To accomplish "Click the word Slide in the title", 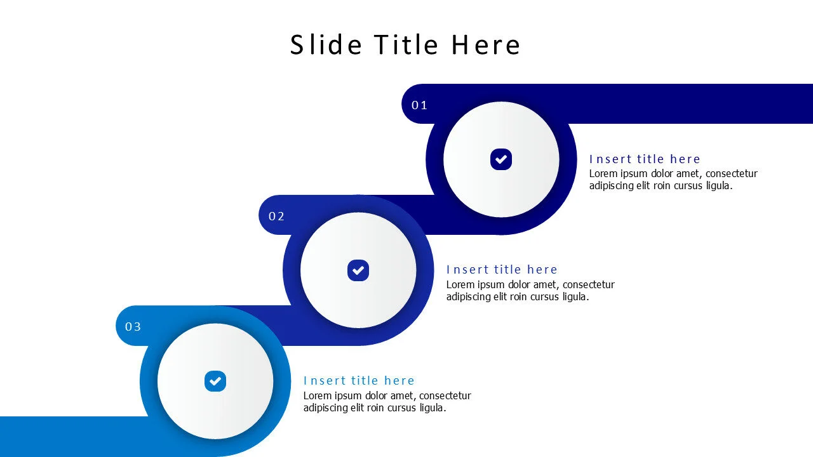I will pyautogui.click(x=326, y=45).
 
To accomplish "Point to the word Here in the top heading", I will pyautogui.click(x=486, y=45).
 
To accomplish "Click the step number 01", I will pyautogui.click(x=419, y=105).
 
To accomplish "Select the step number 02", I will pyautogui.click(x=276, y=216).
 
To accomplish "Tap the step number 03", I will pyautogui.click(x=133, y=327).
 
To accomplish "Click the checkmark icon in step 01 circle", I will pyautogui.click(x=501, y=159).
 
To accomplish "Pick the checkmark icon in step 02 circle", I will pyautogui.click(x=358, y=270).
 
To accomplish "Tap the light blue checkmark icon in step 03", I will pyautogui.click(x=215, y=381).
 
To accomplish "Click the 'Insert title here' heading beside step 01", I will pyautogui.click(x=645, y=159).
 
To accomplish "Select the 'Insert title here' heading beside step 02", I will pyautogui.click(x=502, y=270).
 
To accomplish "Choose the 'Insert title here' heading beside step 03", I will pyautogui.click(x=359, y=381).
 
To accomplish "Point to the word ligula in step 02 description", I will pyautogui.click(x=574, y=296).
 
